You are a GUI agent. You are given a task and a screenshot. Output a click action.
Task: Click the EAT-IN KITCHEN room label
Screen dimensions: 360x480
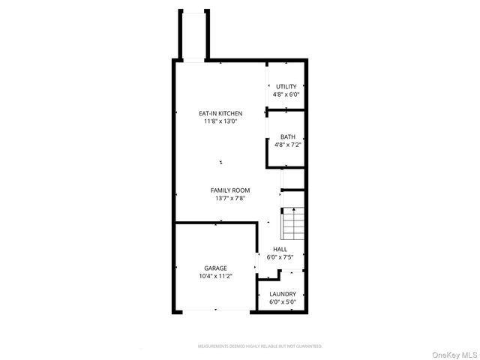220,113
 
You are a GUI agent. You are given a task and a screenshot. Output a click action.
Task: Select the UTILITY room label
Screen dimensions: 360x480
286,87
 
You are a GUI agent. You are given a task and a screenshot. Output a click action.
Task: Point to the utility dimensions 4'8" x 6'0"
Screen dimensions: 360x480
286,94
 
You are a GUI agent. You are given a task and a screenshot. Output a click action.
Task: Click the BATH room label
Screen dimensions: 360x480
287,136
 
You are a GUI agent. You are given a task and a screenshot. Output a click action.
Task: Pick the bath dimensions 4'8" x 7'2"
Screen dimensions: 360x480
287,144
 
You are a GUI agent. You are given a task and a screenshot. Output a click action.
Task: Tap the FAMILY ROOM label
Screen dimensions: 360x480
229,190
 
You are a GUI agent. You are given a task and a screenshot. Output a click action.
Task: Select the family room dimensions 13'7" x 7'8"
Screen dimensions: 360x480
229,198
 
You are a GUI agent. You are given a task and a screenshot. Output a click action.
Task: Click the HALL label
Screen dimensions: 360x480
280,249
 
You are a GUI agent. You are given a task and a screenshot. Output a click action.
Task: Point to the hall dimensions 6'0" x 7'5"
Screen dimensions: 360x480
280,256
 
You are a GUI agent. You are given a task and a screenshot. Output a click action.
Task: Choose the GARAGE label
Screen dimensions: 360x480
216,268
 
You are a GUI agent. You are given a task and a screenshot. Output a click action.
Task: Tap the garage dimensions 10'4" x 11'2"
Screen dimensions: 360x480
216,275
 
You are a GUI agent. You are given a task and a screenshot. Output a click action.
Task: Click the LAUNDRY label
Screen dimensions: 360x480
283,294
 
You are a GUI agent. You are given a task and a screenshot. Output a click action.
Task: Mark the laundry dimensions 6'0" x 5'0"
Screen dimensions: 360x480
283,301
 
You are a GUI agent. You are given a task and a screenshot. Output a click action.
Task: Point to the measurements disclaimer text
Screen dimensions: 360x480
260,346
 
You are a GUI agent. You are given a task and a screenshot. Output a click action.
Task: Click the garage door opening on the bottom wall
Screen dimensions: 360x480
215,310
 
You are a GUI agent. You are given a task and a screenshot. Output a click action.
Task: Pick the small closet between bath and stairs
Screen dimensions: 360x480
292,179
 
